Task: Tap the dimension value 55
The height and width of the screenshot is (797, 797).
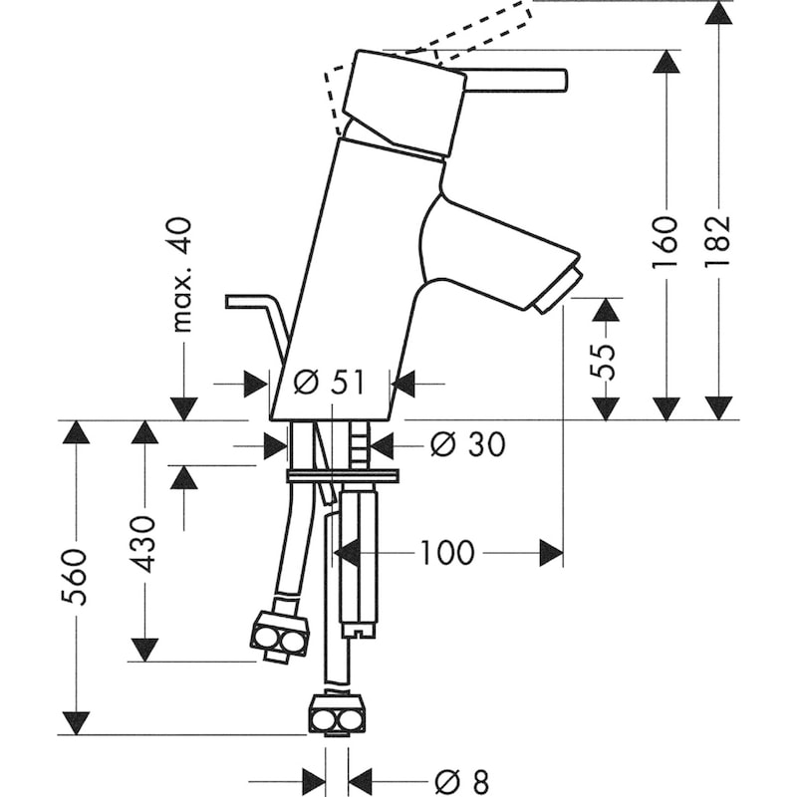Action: tap(605, 348)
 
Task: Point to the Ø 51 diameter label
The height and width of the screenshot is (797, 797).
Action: tap(330, 384)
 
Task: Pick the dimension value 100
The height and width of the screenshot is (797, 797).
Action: tap(446, 553)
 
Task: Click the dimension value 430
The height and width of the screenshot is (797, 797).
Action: tap(145, 542)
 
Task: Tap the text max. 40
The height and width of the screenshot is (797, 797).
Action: tap(183, 274)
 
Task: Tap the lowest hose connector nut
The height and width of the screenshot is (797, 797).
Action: tap(332, 714)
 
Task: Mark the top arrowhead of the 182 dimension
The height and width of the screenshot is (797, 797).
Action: tap(719, 12)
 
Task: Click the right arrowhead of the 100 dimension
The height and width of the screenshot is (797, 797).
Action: tap(551, 553)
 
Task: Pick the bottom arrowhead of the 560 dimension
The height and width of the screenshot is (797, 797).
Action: tap(76, 723)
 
